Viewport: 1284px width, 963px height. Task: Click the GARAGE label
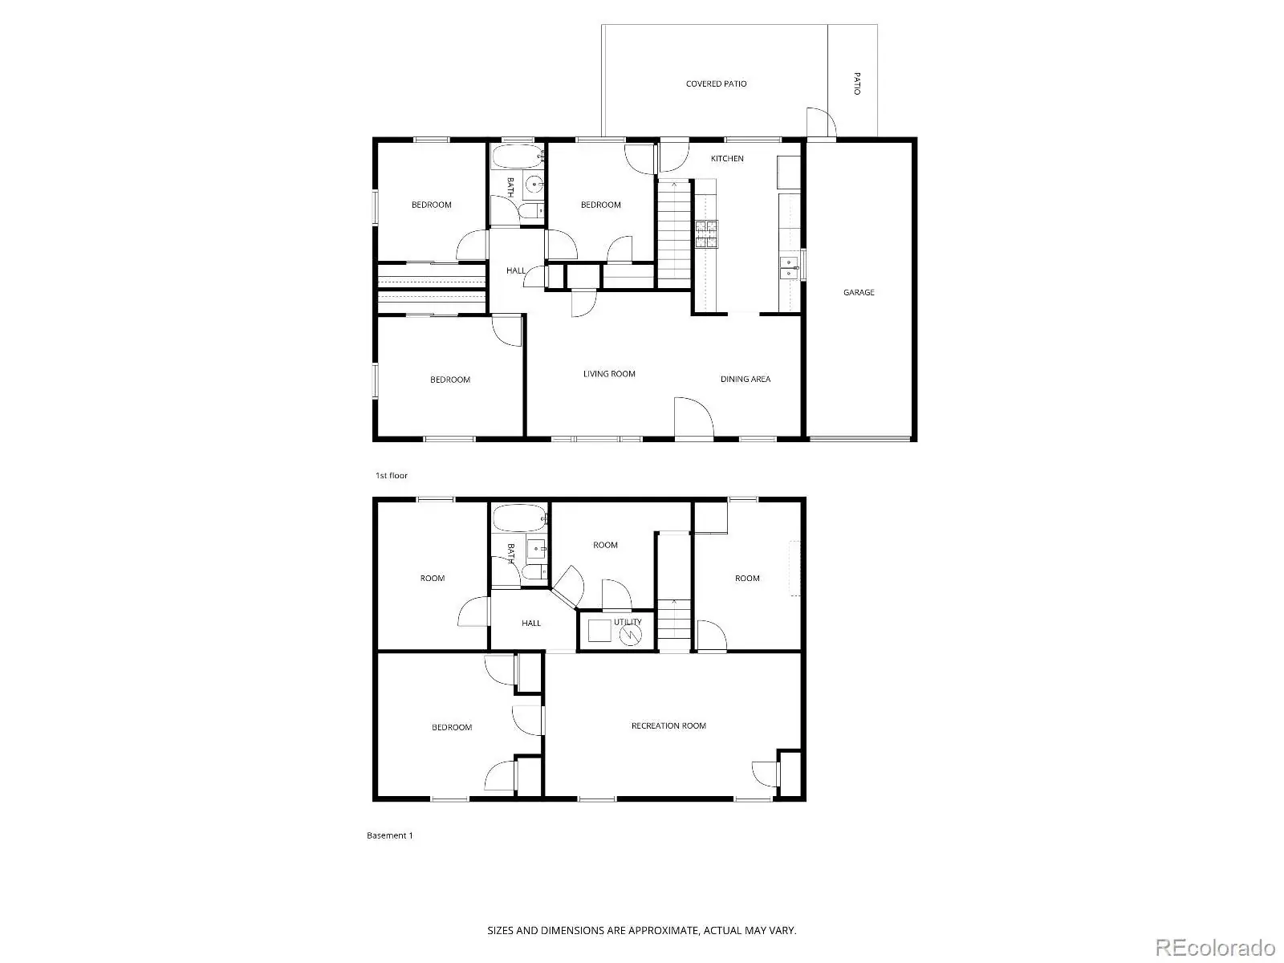click(x=858, y=292)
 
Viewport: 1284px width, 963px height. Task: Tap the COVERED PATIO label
click(x=716, y=83)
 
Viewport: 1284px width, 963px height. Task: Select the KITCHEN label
click(x=727, y=158)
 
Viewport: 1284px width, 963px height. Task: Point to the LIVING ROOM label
click(x=609, y=374)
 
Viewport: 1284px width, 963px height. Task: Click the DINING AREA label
click(x=746, y=379)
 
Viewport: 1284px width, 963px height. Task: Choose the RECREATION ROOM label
click(x=668, y=725)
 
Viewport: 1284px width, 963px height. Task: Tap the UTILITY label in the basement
click(x=628, y=622)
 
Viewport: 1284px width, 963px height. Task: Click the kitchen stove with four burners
click(x=706, y=234)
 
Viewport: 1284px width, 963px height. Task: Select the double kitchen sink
click(x=789, y=268)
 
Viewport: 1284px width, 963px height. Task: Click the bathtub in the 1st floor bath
click(x=518, y=156)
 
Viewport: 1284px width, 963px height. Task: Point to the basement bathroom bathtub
click(x=519, y=518)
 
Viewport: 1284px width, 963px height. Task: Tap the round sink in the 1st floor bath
click(x=534, y=185)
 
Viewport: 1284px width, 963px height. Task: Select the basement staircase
click(x=674, y=624)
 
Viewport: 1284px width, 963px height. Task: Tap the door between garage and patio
click(x=821, y=123)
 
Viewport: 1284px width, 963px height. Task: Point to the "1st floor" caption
click(x=392, y=475)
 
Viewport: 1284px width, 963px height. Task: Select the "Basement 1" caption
click(x=389, y=835)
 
